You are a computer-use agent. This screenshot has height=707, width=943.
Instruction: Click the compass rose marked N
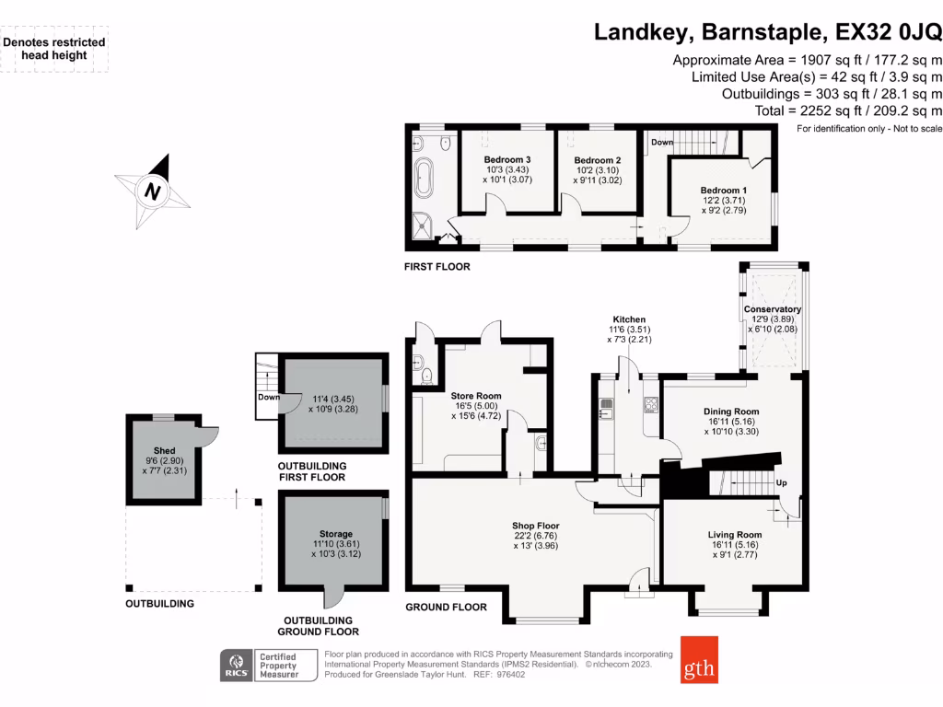(152, 191)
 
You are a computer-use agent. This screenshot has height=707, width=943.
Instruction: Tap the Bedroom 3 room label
(507, 160)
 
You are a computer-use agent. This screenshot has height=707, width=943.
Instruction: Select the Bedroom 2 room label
(598, 160)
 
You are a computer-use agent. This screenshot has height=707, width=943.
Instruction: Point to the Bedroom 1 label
(724, 191)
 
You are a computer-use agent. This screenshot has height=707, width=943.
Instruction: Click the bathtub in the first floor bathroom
(424, 178)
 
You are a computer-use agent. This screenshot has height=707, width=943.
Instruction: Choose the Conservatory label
(772, 309)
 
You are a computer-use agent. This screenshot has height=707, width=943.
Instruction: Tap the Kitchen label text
(630, 319)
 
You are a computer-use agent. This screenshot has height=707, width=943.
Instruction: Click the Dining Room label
(731, 411)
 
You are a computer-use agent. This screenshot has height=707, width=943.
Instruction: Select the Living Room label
(735, 535)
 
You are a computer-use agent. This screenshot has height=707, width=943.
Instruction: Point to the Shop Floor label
(536, 526)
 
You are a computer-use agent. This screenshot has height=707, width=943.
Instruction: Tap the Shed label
(164, 451)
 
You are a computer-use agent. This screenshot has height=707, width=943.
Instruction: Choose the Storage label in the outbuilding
(335, 534)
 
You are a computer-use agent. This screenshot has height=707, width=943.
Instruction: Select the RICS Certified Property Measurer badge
(267, 666)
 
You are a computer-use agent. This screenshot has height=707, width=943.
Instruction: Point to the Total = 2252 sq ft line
(848, 110)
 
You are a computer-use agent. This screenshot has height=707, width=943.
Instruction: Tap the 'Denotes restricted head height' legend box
(55, 49)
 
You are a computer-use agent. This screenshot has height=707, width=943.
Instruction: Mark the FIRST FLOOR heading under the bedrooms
(437, 267)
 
